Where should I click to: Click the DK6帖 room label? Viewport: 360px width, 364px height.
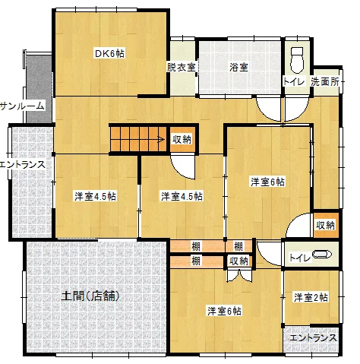pyautogui.click(x=109, y=54)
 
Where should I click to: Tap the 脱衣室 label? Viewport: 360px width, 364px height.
pyautogui.click(x=181, y=68)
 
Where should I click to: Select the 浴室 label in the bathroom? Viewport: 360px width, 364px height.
pyautogui.click(x=238, y=67)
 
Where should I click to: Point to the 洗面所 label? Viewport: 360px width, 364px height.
pyautogui.click(x=325, y=81)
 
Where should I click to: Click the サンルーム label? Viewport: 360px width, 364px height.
pyautogui.click(x=22, y=106)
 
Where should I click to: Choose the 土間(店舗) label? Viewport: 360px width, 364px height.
pyautogui.click(x=90, y=296)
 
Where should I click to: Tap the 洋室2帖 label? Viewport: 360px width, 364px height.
pyautogui.click(x=311, y=297)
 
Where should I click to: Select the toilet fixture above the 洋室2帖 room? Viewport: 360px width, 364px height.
pyautogui.click(x=322, y=254)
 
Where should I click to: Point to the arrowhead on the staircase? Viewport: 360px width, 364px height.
pyautogui.click(x=161, y=139)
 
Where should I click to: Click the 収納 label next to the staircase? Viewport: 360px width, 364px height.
pyautogui.click(x=182, y=139)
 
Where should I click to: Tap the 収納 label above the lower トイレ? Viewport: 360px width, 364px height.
pyautogui.click(x=325, y=225)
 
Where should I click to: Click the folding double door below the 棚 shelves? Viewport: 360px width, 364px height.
pyautogui.click(x=238, y=275)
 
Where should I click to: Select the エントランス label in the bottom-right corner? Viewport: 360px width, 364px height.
pyautogui.click(x=313, y=337)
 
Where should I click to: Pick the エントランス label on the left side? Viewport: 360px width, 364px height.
pyautogui.click(x=23, y=165)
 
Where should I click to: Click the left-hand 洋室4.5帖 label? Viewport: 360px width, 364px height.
pyautogui.click(x=95, y=196)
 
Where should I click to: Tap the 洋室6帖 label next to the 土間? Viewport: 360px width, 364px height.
pyautogui.click(x=224, y=311)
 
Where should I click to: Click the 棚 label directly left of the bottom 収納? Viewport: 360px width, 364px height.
pyautogui.click(x=196, y=261)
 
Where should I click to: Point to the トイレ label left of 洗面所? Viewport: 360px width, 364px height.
pyautogui.click(x=294, y=81)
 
